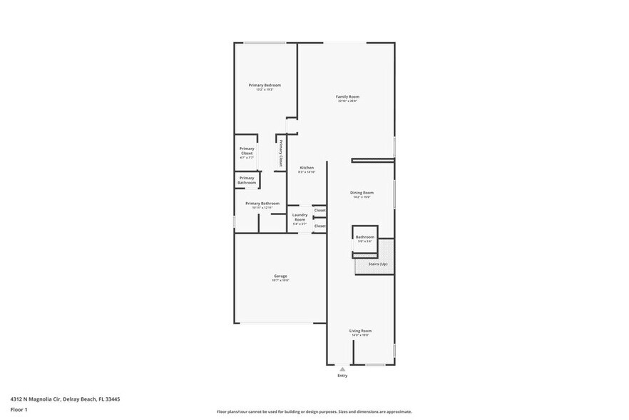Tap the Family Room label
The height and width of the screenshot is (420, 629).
tap(348, 97)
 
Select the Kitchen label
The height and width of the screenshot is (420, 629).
tap(307, 168)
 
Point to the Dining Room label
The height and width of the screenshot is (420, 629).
tap(362, 193)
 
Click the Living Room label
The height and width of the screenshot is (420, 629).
tap(360, 331)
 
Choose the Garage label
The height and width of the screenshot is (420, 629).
tap(280, 276)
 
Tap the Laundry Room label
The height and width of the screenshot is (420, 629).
tap(300, 216)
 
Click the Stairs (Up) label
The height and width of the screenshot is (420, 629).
tap(378, 264)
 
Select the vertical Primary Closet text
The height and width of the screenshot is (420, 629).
tap(281, 154)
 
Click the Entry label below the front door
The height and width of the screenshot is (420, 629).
tap(343, 376)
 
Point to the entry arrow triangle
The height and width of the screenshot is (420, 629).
tap(343, 369)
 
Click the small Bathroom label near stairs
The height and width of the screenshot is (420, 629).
tap(365, 237)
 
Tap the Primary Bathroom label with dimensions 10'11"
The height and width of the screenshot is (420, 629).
tap(262, 204)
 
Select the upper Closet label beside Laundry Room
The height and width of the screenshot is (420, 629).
tap(320, 210)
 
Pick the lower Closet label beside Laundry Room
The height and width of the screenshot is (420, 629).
tap(320, 226)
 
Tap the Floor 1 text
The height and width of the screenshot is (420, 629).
tap(19, 409)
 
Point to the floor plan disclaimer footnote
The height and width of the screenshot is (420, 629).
tap(314, 412)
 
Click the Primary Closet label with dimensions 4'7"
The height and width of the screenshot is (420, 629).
tap(247, 151)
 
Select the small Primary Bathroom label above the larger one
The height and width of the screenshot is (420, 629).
tap(247, 180)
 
